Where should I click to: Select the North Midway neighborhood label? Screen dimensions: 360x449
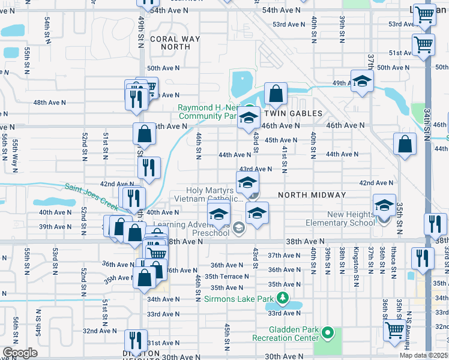[312, 195]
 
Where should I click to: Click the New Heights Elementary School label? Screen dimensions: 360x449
[351, 218]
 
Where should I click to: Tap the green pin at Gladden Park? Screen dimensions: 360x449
[327, 332]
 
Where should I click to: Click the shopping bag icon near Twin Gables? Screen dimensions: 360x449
[275, 94]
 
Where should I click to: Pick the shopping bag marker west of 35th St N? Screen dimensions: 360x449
[405, 144]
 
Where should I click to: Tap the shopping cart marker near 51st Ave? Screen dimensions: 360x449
[424, 44]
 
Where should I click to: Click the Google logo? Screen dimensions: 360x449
[20, 353]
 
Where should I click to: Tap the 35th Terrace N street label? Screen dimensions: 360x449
[226, 277]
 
